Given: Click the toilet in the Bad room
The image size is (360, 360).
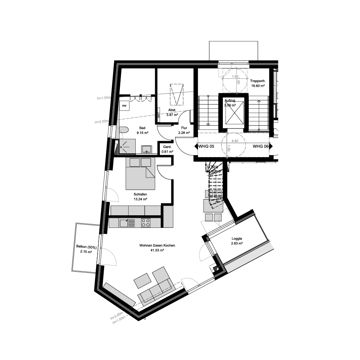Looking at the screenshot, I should click(x=124, y=130).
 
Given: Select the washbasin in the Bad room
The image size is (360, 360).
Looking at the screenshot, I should click(x=147, y=149).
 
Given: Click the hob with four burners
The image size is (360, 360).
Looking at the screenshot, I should click(x=146, y=222).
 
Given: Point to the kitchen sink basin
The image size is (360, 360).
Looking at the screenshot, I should click(x=123, y=223).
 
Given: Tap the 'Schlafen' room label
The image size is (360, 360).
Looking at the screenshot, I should click(x=140, y=194).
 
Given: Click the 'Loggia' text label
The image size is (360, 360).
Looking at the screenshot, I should click(x=237, y=238).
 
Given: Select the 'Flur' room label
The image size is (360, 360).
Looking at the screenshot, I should click(x=184, y=128).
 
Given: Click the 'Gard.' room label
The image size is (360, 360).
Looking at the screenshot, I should click(x=167, y=147).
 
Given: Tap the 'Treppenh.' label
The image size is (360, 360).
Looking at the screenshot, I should click(x=258, y=81).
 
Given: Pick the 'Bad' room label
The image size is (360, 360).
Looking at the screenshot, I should click(x=142, y=128).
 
